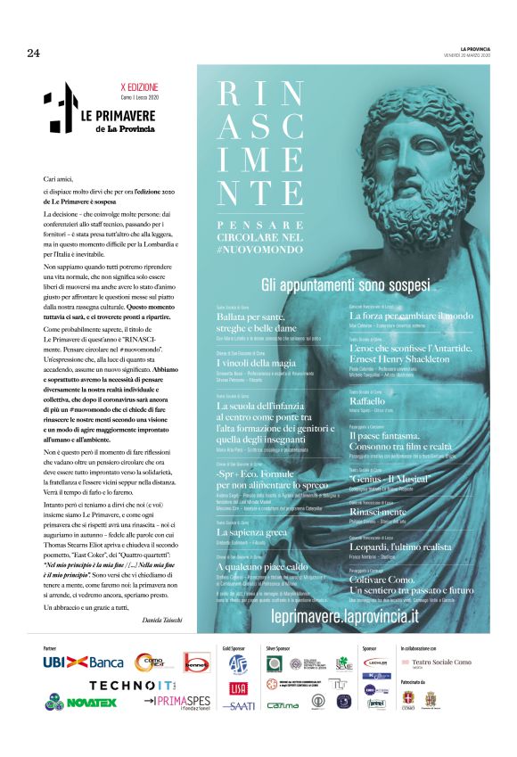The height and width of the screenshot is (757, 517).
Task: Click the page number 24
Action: point(34,53)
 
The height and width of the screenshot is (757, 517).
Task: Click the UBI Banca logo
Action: point(83,662)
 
